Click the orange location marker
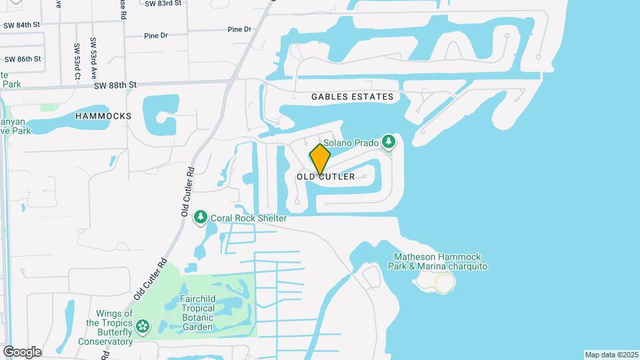tap(320, 159)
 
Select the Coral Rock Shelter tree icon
tap(200, 217)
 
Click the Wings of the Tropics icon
tap(141, 326)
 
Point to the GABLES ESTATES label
tap(352, 97)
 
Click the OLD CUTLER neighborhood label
tap(326, 177)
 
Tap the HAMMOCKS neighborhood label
tap(103, 115)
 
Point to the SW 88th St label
tap(115, 85)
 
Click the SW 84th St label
tap(22, 25)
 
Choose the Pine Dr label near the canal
tap(239, 29)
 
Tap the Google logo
tap(22, 351)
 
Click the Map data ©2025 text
tap(611, 355)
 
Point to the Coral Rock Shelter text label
tap(249, 218)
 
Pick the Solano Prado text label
tap(351, 143)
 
